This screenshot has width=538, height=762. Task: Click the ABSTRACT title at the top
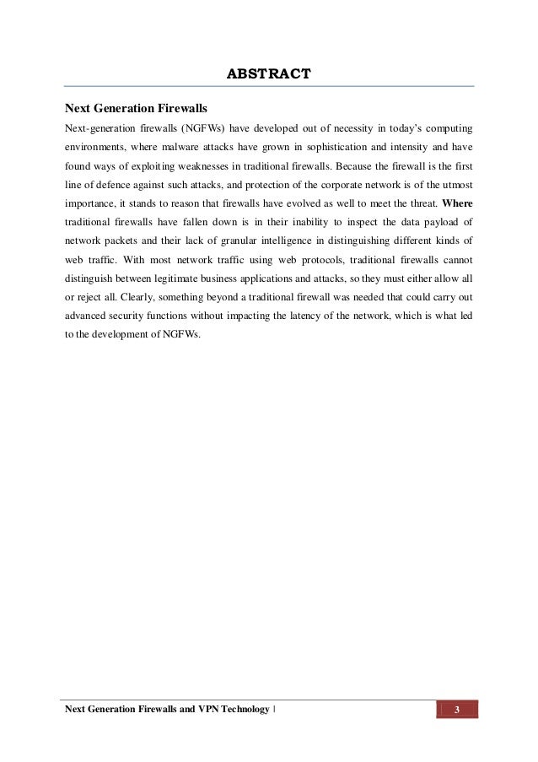pos(269,74)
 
